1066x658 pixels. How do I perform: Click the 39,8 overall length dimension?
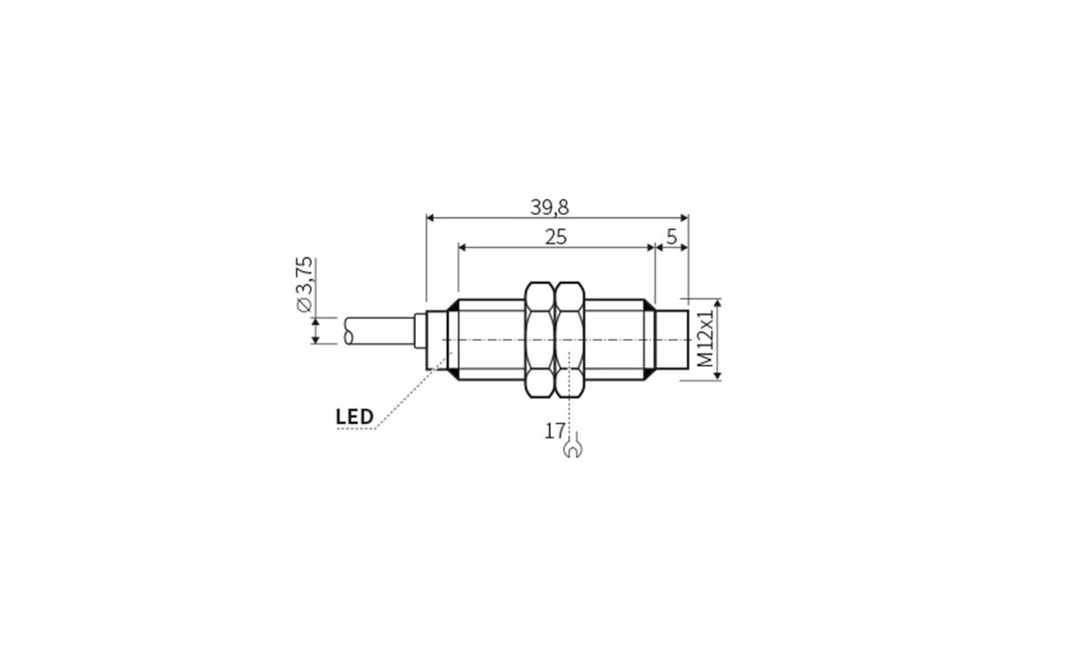click(550, 207)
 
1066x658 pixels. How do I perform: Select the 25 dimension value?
click(556, 237)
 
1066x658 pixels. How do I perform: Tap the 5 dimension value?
click(672, 237)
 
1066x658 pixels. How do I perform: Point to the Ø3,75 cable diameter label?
click(305, 284)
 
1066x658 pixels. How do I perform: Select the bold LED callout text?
click(354, 416)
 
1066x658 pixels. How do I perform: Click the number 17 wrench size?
click(555, 432)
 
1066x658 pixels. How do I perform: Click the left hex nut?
click(539, 339)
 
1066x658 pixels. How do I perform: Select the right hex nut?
click(569, 339)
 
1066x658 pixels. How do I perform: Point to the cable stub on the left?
click(378, 331)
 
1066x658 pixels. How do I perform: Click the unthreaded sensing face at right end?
click(672, 339)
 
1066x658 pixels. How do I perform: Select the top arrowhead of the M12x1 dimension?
click(718, 303)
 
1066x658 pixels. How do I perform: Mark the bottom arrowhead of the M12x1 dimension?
click(718, 376)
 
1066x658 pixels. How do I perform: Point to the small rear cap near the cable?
click(437, 339)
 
